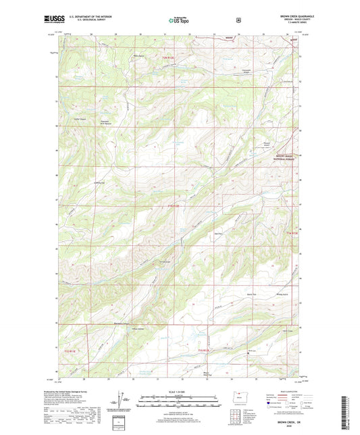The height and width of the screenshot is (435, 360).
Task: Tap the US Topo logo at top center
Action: tap(178, 21)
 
